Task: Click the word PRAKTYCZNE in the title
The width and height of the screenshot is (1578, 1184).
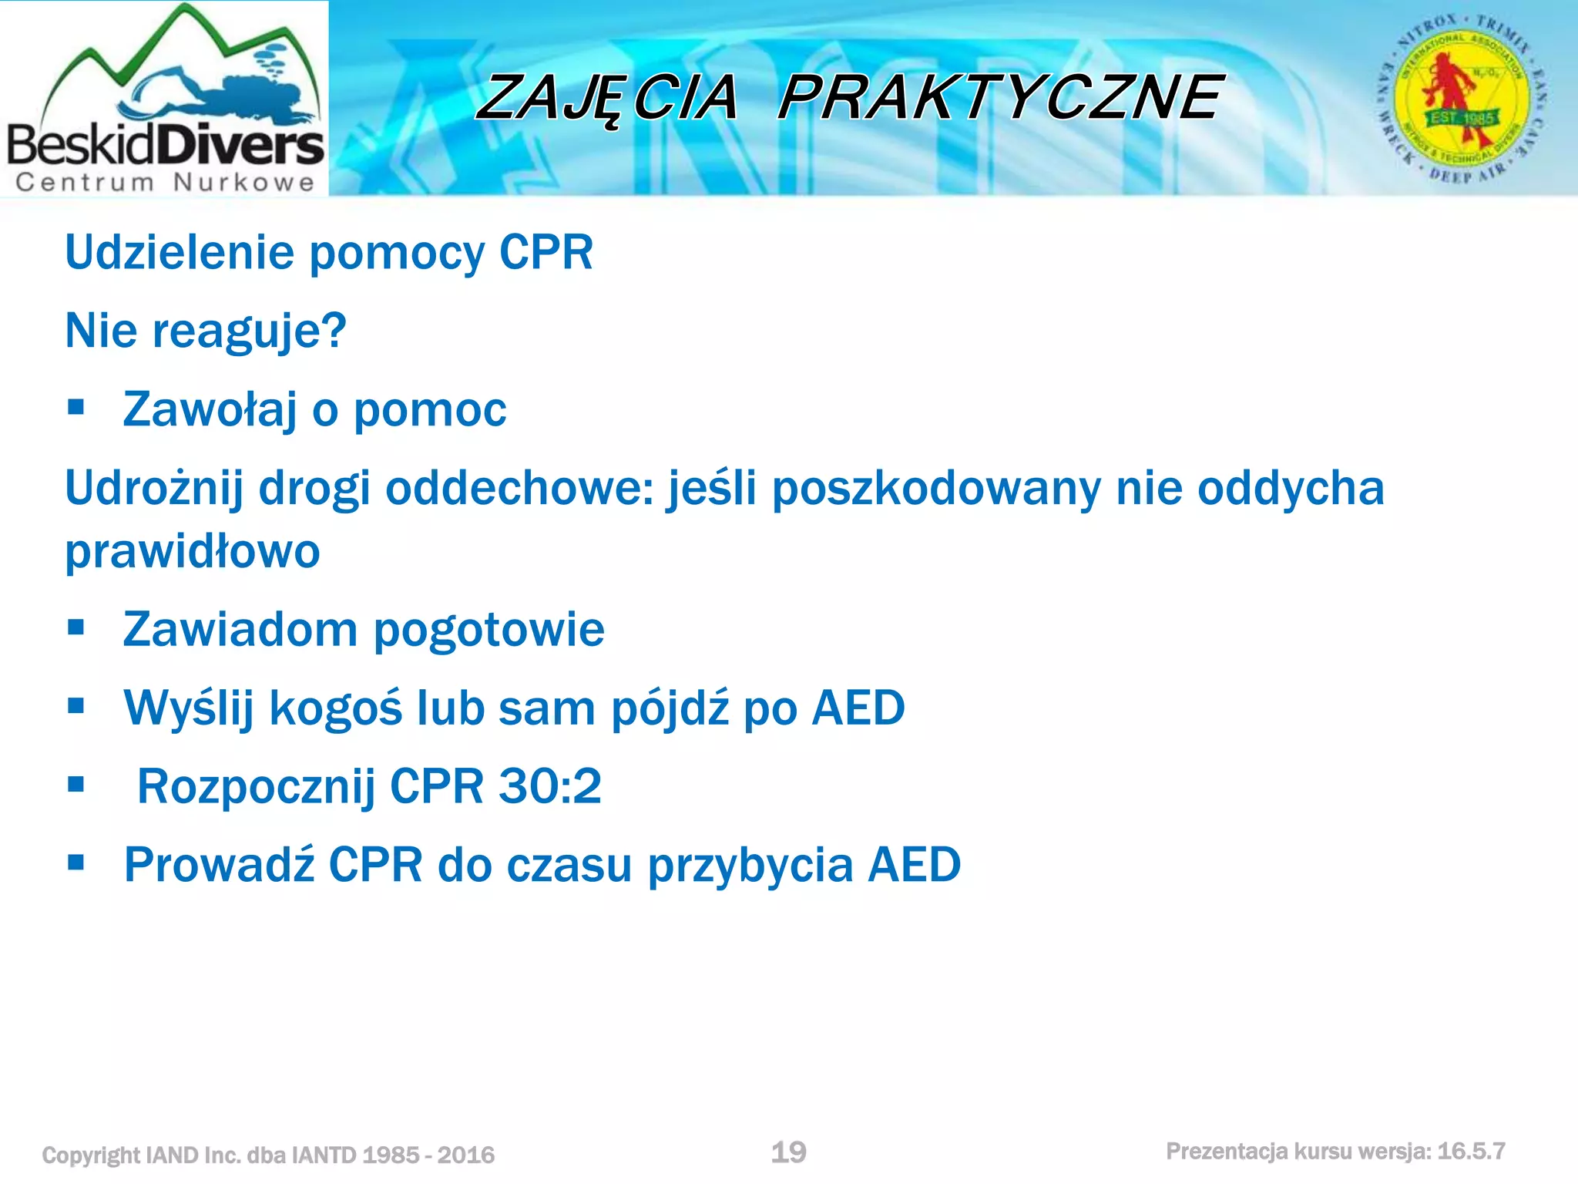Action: pyautogui.click(x=1000, y=98)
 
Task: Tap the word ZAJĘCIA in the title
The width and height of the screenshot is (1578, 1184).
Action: pyautogui.click(x=607, y=98)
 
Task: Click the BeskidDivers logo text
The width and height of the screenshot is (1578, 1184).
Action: pyautogui.click(x=165, y=144)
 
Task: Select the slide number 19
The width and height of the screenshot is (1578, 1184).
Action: pyautogui.click(x=788, y=1152)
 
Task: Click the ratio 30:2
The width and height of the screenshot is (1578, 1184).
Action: pyautogui.click(x=550, y=786)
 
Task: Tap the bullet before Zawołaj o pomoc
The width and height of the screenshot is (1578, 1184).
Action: pyautogui.click(x=76, y=407)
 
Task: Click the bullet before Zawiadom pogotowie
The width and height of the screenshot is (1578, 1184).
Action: pyautogui.click(x=76, y=627)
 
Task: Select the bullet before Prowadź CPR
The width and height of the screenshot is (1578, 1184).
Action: pyautogui.click(x=76, y=863)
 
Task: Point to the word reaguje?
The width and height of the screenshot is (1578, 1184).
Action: pyautogui.click(x=250, y=331)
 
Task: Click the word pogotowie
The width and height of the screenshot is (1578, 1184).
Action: pyautogui.click(x=489, y=630)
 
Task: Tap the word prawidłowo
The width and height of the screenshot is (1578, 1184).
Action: pyautogui.click(x=192, y=552)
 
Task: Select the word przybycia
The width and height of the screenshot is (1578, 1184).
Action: pyautogui.click(x=750, y=865)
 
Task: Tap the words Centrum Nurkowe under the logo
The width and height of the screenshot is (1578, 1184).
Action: pyautogui.click(x=165, y=183)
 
